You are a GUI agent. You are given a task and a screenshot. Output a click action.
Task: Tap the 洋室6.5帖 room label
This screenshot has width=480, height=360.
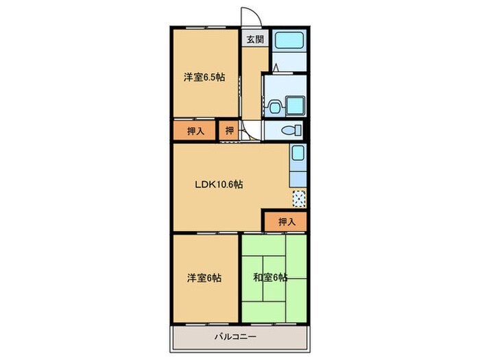pyautogui.click(x=204, y=77)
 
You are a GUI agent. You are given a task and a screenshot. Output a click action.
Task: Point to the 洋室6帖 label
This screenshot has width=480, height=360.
pyautogui.click(x=204, y=278)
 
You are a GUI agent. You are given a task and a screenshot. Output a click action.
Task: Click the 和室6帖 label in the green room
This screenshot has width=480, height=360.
pyautogui.click(x=271, y=278)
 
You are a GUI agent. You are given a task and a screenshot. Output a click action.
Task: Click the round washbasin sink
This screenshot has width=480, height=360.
pyautogui.click(x=275, y=106)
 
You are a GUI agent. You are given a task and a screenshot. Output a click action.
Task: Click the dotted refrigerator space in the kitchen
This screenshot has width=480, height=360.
pyautogui.click(x=298, y=199)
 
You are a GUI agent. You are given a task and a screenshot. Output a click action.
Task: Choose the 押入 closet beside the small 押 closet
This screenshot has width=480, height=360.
pyautogui.click(x=195, y=130)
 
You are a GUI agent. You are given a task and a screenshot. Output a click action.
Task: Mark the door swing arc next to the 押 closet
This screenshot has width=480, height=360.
pyautogui.click(x=249, y=132)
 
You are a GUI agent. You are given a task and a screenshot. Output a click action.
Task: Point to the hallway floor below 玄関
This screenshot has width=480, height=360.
pyautogui.click(x=254, y=82)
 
